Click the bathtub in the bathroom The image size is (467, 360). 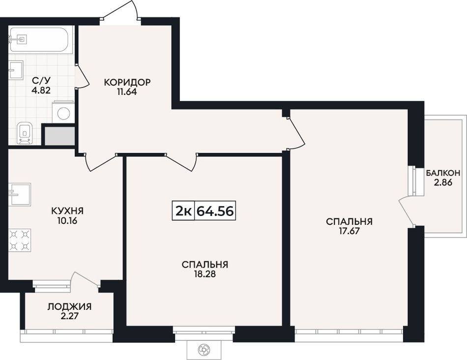coord(40,40)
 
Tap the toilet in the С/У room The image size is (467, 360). coord(25,133)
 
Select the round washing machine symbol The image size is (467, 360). coord(63,113)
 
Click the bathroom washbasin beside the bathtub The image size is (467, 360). coord(16,70)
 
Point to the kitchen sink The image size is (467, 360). coord(19,195)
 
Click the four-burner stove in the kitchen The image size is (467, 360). coord(19,240)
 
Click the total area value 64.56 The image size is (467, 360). coord(215,211)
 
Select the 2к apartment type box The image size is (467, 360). coord(183,210)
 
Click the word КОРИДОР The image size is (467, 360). coord(127,82)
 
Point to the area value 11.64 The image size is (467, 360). coord(127,92)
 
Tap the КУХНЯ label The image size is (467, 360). coord(67,211)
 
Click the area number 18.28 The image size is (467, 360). coord(204,274)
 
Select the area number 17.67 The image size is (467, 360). coord(349,231)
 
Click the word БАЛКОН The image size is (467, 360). coord(443,173)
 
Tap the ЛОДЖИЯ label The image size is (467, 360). coord(69,306)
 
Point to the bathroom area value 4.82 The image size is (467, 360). coord(41,90)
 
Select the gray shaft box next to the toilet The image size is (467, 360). coord(59,136)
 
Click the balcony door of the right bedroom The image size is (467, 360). coord(407,210)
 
